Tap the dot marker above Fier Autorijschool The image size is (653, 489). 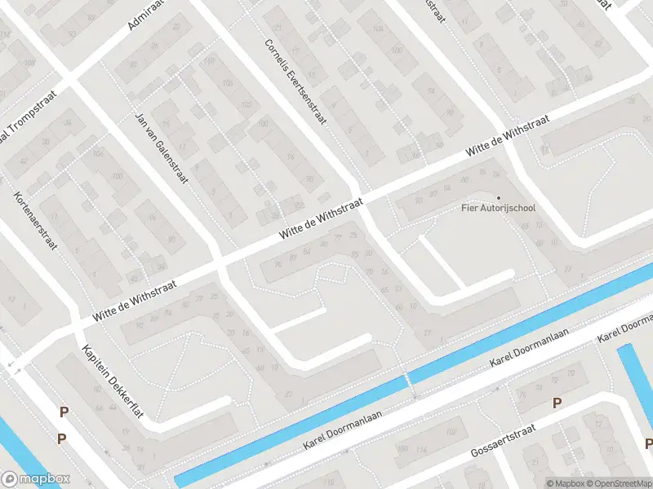point(498,197)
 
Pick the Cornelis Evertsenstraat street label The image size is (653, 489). point(295,82)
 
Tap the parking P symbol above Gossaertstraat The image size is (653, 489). point(557,403)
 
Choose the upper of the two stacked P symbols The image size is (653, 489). point(63,412)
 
